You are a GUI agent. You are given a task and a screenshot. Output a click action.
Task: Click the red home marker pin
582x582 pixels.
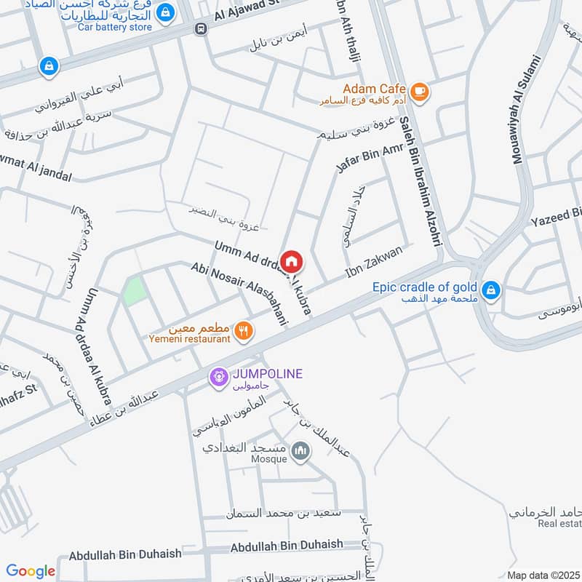coord(291,260)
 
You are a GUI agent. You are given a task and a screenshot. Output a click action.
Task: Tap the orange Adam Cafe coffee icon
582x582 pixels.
coord(419,91)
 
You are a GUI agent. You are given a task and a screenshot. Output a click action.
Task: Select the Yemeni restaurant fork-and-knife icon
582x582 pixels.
coord(244,331)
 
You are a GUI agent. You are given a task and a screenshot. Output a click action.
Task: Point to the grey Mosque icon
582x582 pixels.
coord(300,453)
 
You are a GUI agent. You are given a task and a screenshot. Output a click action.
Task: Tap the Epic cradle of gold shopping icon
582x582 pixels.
coord(492,290)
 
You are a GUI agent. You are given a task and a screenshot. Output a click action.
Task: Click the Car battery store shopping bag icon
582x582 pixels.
coord(166,12)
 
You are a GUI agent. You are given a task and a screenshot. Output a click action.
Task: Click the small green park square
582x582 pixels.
coord(132,292)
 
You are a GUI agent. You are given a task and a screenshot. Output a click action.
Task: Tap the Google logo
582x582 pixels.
coord(31,571)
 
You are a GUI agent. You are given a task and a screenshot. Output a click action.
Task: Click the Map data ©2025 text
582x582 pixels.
coord(543,575)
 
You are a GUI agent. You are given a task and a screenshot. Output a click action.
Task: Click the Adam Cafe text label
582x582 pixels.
coord(374,89)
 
